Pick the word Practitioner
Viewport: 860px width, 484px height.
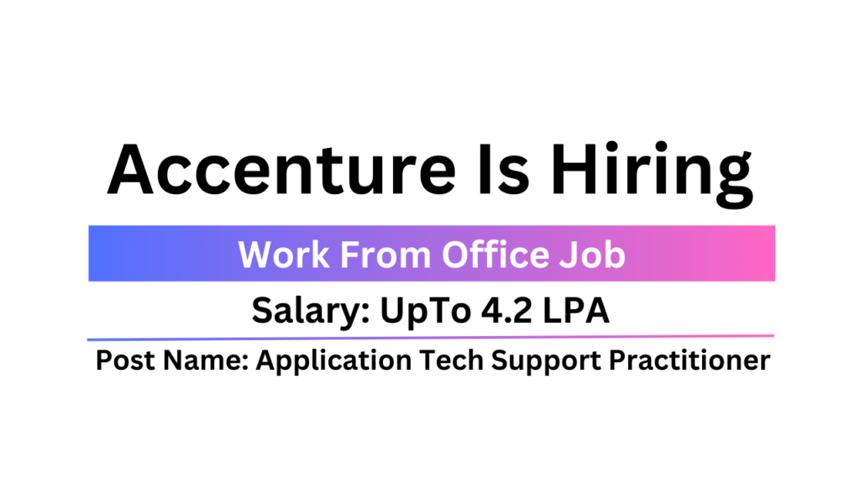pyautogui.click(x=690, y=360)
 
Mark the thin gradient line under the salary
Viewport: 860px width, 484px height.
pyautogui.click(x=430, y=338)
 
